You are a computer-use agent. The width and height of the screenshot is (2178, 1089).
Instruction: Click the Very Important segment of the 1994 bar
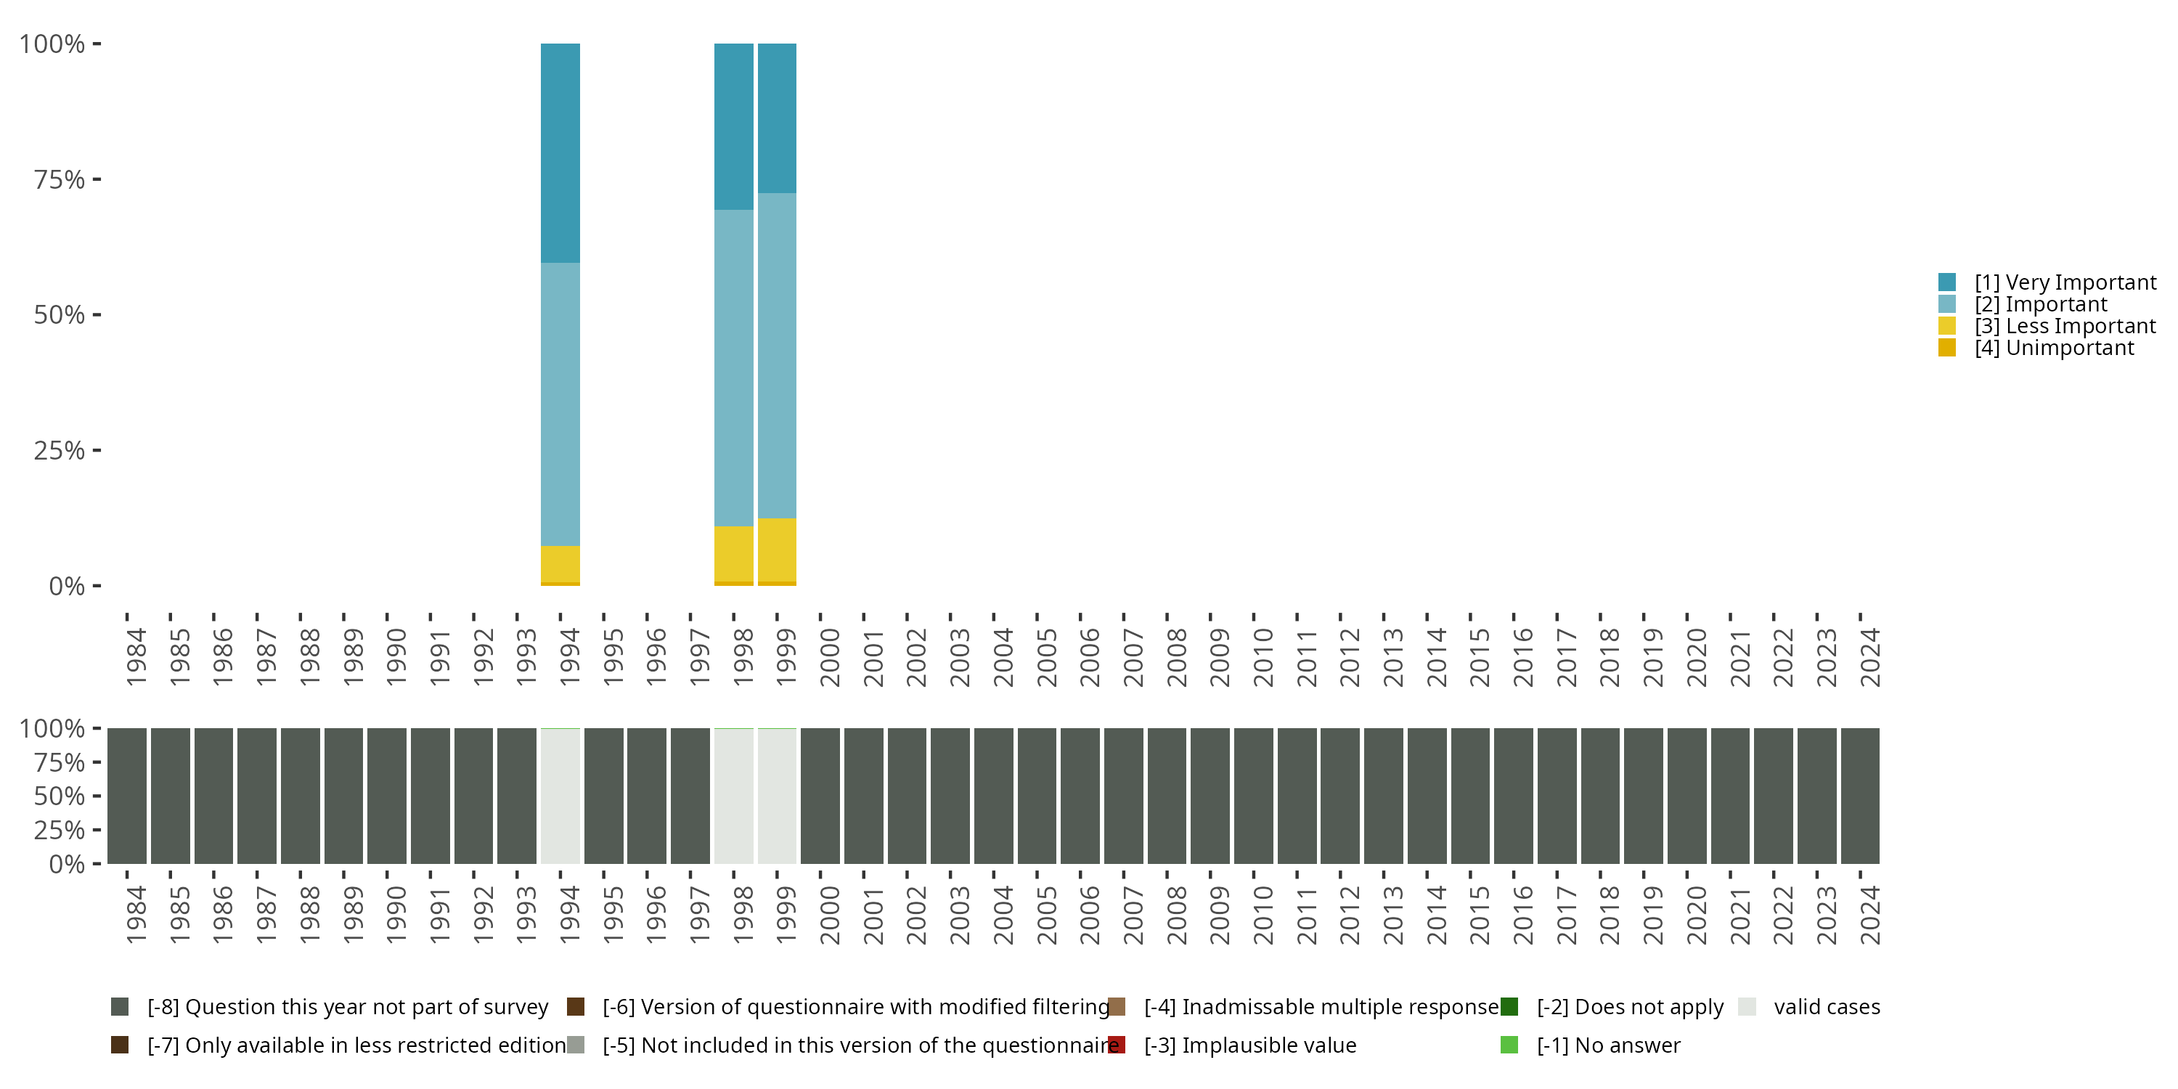pos(560,152)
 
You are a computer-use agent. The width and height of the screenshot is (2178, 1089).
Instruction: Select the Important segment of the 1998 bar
pos(733,368)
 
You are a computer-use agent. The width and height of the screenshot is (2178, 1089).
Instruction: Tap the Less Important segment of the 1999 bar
pos(776,550)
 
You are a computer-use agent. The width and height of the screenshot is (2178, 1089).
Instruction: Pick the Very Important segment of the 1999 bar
pos(776,118)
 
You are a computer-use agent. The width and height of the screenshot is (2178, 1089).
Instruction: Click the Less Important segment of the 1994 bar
pos(560,564)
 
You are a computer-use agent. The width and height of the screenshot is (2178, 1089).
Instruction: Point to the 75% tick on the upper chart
pos(60,179)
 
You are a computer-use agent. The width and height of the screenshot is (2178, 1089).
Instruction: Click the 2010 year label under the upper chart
pos(1263,657)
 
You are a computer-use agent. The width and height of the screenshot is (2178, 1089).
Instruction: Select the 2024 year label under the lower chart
pos(1869,915)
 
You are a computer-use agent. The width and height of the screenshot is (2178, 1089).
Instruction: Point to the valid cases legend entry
pos(1827,1007)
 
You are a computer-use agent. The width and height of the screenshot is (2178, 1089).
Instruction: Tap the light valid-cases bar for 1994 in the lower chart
pos(560,796)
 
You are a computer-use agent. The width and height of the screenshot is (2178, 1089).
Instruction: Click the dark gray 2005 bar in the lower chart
pos(1037,796)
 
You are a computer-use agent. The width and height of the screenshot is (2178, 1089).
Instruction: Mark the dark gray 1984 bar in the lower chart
pos(127,796)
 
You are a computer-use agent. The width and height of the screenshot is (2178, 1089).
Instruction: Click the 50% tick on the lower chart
pos(60,796)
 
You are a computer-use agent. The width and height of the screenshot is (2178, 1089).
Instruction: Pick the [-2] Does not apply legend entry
pos(1629,1007)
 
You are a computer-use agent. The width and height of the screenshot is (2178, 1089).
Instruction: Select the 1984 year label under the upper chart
pos(135,657)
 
